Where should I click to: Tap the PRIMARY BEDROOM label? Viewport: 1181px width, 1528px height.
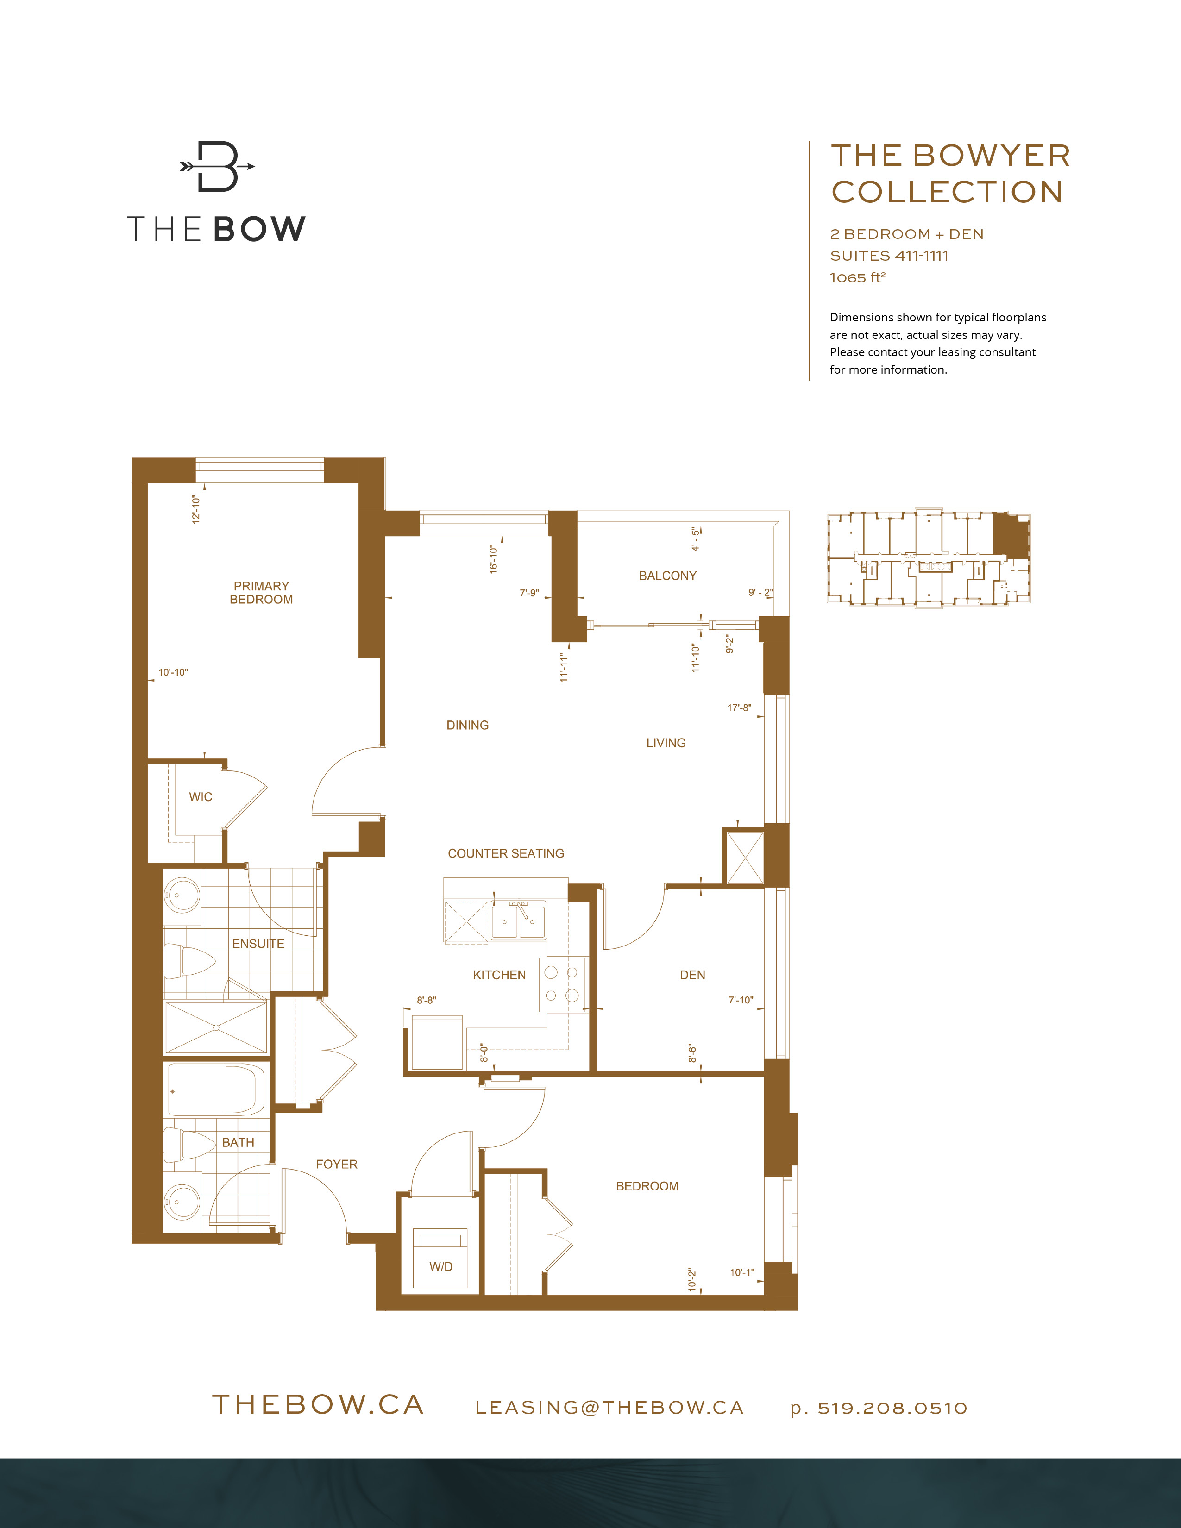click(261, 593)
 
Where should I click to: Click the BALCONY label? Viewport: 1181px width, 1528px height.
click(667, 576)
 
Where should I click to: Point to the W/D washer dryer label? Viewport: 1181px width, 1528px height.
click(441, 1266)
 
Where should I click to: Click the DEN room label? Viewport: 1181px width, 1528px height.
click(692, 975)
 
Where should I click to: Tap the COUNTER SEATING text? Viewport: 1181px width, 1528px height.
click(505, 853)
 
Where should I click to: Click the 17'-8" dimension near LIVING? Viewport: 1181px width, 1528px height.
click(739, 708)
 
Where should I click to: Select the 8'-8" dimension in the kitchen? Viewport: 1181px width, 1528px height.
click(426, 1001)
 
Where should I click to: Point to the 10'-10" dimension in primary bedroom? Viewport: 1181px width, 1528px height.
click(173, 672)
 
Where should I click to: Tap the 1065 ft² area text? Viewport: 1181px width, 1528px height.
click(857, 278)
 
